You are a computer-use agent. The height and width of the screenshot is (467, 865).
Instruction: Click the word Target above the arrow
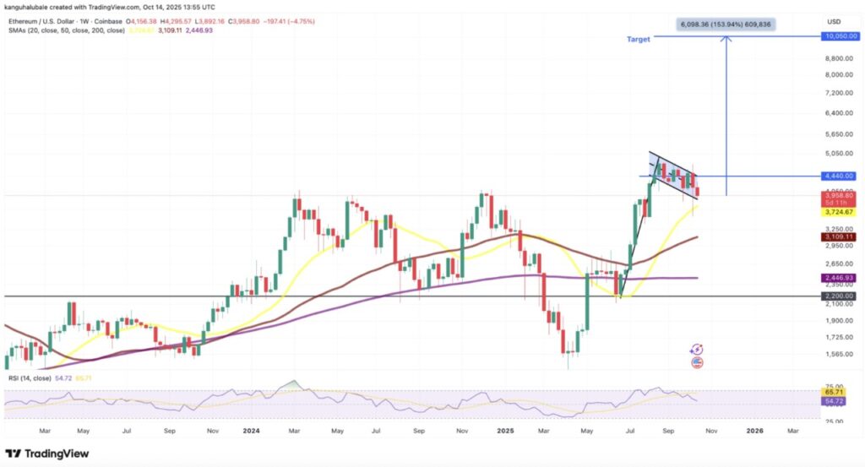(638, 40)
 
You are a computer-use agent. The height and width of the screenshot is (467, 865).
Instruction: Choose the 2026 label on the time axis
(754, 429)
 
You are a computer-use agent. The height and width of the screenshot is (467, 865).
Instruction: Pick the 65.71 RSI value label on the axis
(835, 394)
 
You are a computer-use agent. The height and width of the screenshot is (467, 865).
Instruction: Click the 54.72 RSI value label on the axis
(835, 402)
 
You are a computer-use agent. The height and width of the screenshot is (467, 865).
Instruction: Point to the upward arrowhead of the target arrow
(726, 41)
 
